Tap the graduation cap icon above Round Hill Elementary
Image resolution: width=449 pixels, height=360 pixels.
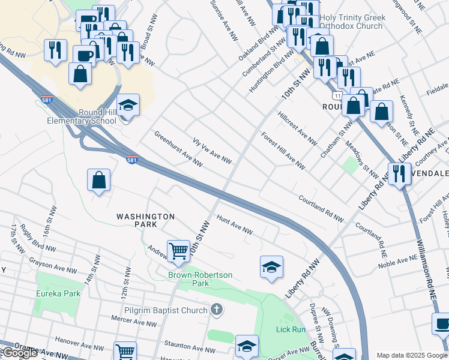[128, 106]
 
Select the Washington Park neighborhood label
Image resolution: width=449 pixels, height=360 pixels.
[145, 220]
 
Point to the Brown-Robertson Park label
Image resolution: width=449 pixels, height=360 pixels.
[200, 279]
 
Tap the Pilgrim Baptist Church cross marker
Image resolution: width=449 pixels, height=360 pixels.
[217, 310]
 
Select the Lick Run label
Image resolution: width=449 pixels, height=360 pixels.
[291, 329]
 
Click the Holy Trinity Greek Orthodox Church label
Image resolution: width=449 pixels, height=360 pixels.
[353, 22]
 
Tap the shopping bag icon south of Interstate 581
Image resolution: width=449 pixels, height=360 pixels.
[99, 180]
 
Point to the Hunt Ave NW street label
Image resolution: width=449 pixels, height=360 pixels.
[235, 226]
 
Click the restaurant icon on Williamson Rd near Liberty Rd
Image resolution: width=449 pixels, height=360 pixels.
[399, 174]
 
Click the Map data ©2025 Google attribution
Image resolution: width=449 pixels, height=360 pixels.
[412, 355]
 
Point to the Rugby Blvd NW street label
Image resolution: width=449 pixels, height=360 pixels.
[37, 241]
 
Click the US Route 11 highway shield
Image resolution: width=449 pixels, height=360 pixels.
[339, 97]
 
